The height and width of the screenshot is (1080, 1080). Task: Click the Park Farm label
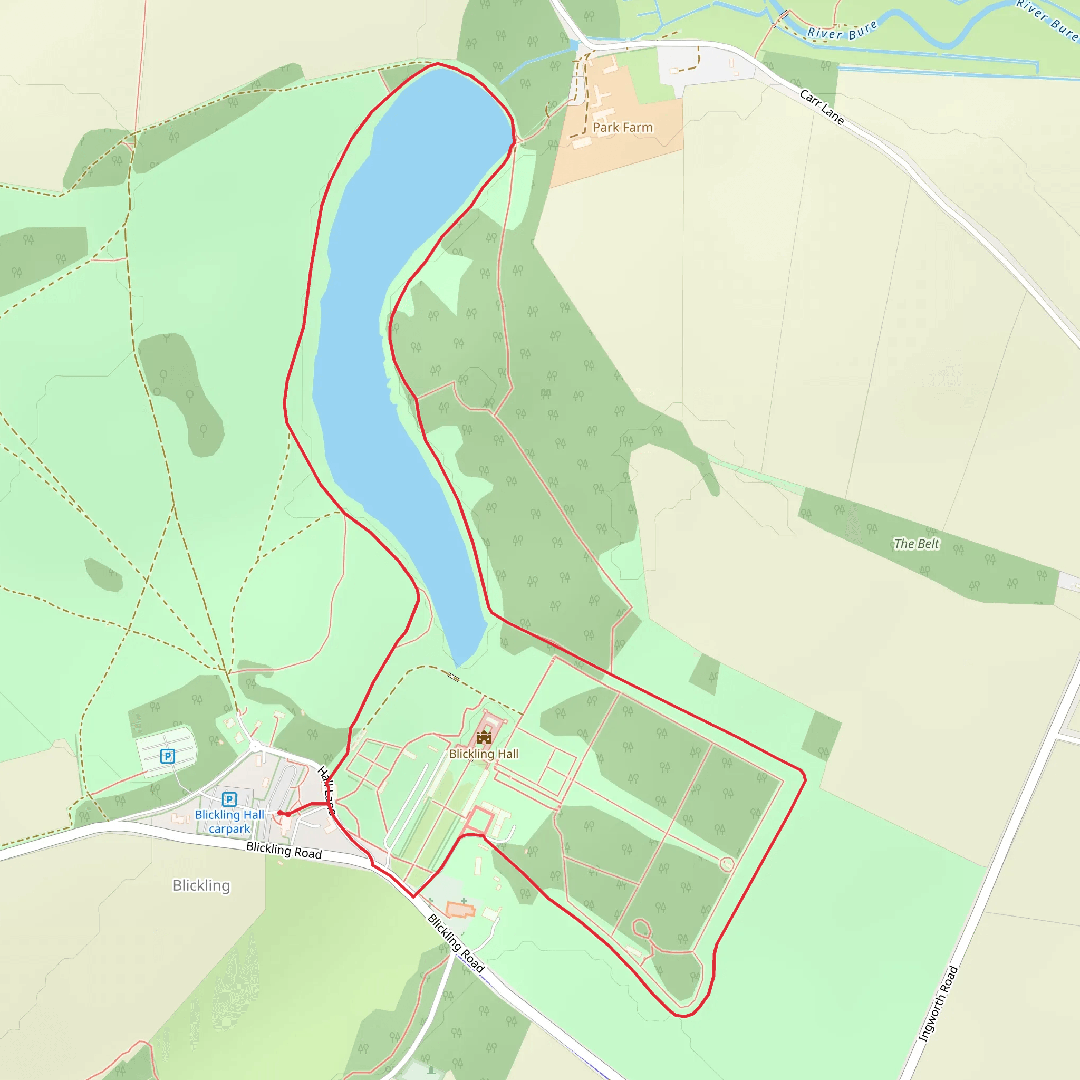point(622,128)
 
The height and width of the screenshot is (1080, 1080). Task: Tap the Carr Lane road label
point(821,107)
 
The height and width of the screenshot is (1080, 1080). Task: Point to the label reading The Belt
point(916,543)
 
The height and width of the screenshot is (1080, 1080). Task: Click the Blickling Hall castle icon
point(484,737)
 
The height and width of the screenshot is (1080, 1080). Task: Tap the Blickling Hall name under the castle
point(484,754)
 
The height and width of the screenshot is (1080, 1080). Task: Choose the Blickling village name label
point(201,885)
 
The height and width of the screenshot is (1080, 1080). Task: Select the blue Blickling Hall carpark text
point(229,822)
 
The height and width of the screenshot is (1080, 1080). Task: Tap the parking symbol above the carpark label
point(229,799)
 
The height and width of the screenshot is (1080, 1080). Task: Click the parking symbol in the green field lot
point(167,756)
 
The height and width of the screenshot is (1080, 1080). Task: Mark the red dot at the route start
point(280,813)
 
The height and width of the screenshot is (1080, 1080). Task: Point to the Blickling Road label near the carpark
point(284,850)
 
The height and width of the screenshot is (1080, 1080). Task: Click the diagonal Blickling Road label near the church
point(456,943)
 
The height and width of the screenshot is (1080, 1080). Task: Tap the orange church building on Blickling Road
point(459,910)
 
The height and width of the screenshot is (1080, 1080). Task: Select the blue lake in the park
point(391,335)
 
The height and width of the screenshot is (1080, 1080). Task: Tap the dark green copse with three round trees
point(182,391)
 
